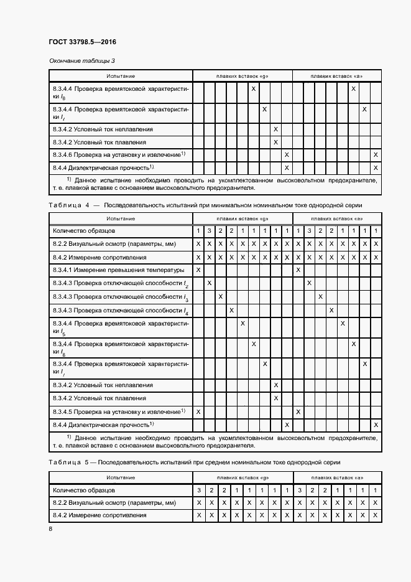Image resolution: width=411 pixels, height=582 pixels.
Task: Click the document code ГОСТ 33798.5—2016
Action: (83, 42)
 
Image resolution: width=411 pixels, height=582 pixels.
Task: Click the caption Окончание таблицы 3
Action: (82, 61)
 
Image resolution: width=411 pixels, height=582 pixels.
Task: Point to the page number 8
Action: (51, 529)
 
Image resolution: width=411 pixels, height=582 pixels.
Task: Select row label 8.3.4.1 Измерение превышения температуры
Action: (119, 270)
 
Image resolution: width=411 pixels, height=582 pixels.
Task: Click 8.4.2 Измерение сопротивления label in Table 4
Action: (99, 257)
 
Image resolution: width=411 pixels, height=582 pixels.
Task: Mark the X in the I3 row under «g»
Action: (221, 297)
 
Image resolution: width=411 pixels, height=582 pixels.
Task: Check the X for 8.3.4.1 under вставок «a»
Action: (298, 270)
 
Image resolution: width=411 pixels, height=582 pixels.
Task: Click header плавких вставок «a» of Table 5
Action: (336, 477)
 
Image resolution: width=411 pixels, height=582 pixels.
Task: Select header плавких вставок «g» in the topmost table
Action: (242, 75)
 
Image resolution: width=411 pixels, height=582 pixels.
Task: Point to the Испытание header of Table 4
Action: (121, 218)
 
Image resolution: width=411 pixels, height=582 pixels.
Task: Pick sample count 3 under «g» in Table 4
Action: (210, 232)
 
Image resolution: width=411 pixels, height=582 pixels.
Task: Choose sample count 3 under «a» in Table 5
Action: (298, 490)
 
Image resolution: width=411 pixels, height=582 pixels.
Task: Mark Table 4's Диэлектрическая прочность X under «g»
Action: (287, 425)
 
